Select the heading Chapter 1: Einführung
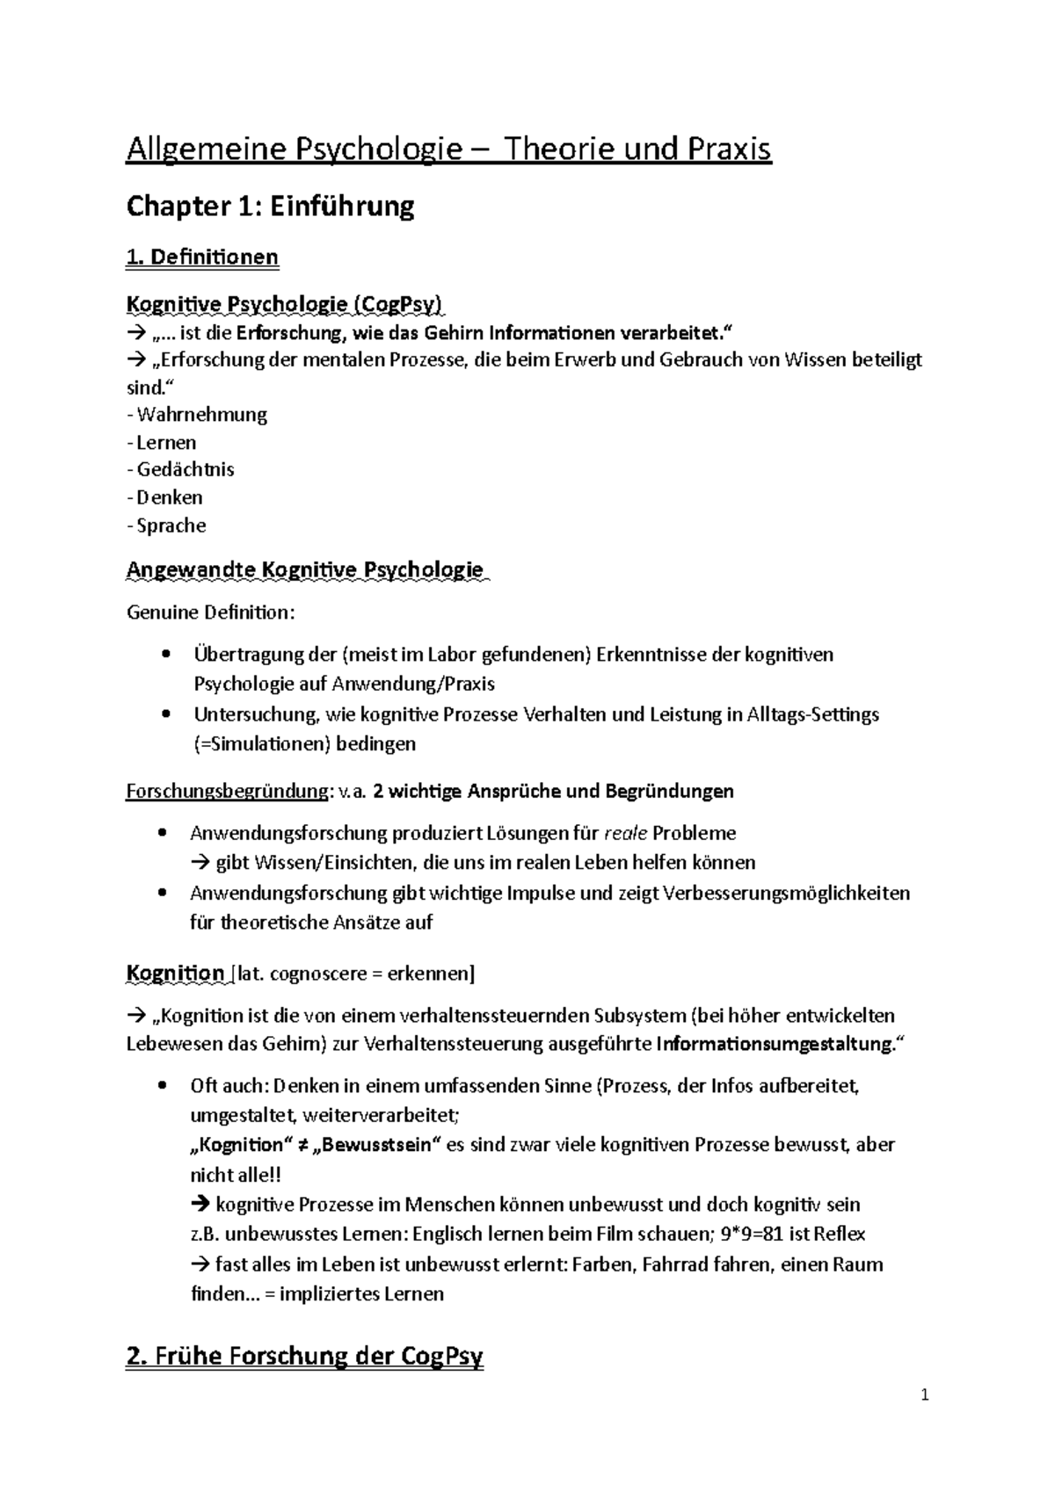[x=270, y=206]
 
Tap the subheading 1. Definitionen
[x=202, y=257]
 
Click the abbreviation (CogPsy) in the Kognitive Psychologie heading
[x=400, y=304]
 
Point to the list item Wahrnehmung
[x=201, y=414]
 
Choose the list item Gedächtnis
[x=185, y=469]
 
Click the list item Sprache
[x=171, y=525]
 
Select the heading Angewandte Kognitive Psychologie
[x=305, y=569]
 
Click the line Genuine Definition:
[x=211, y=612]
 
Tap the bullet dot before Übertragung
[x=165, y=655]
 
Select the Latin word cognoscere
[x=314, y=974]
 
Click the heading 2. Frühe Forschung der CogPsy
[x=305, y=1357]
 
